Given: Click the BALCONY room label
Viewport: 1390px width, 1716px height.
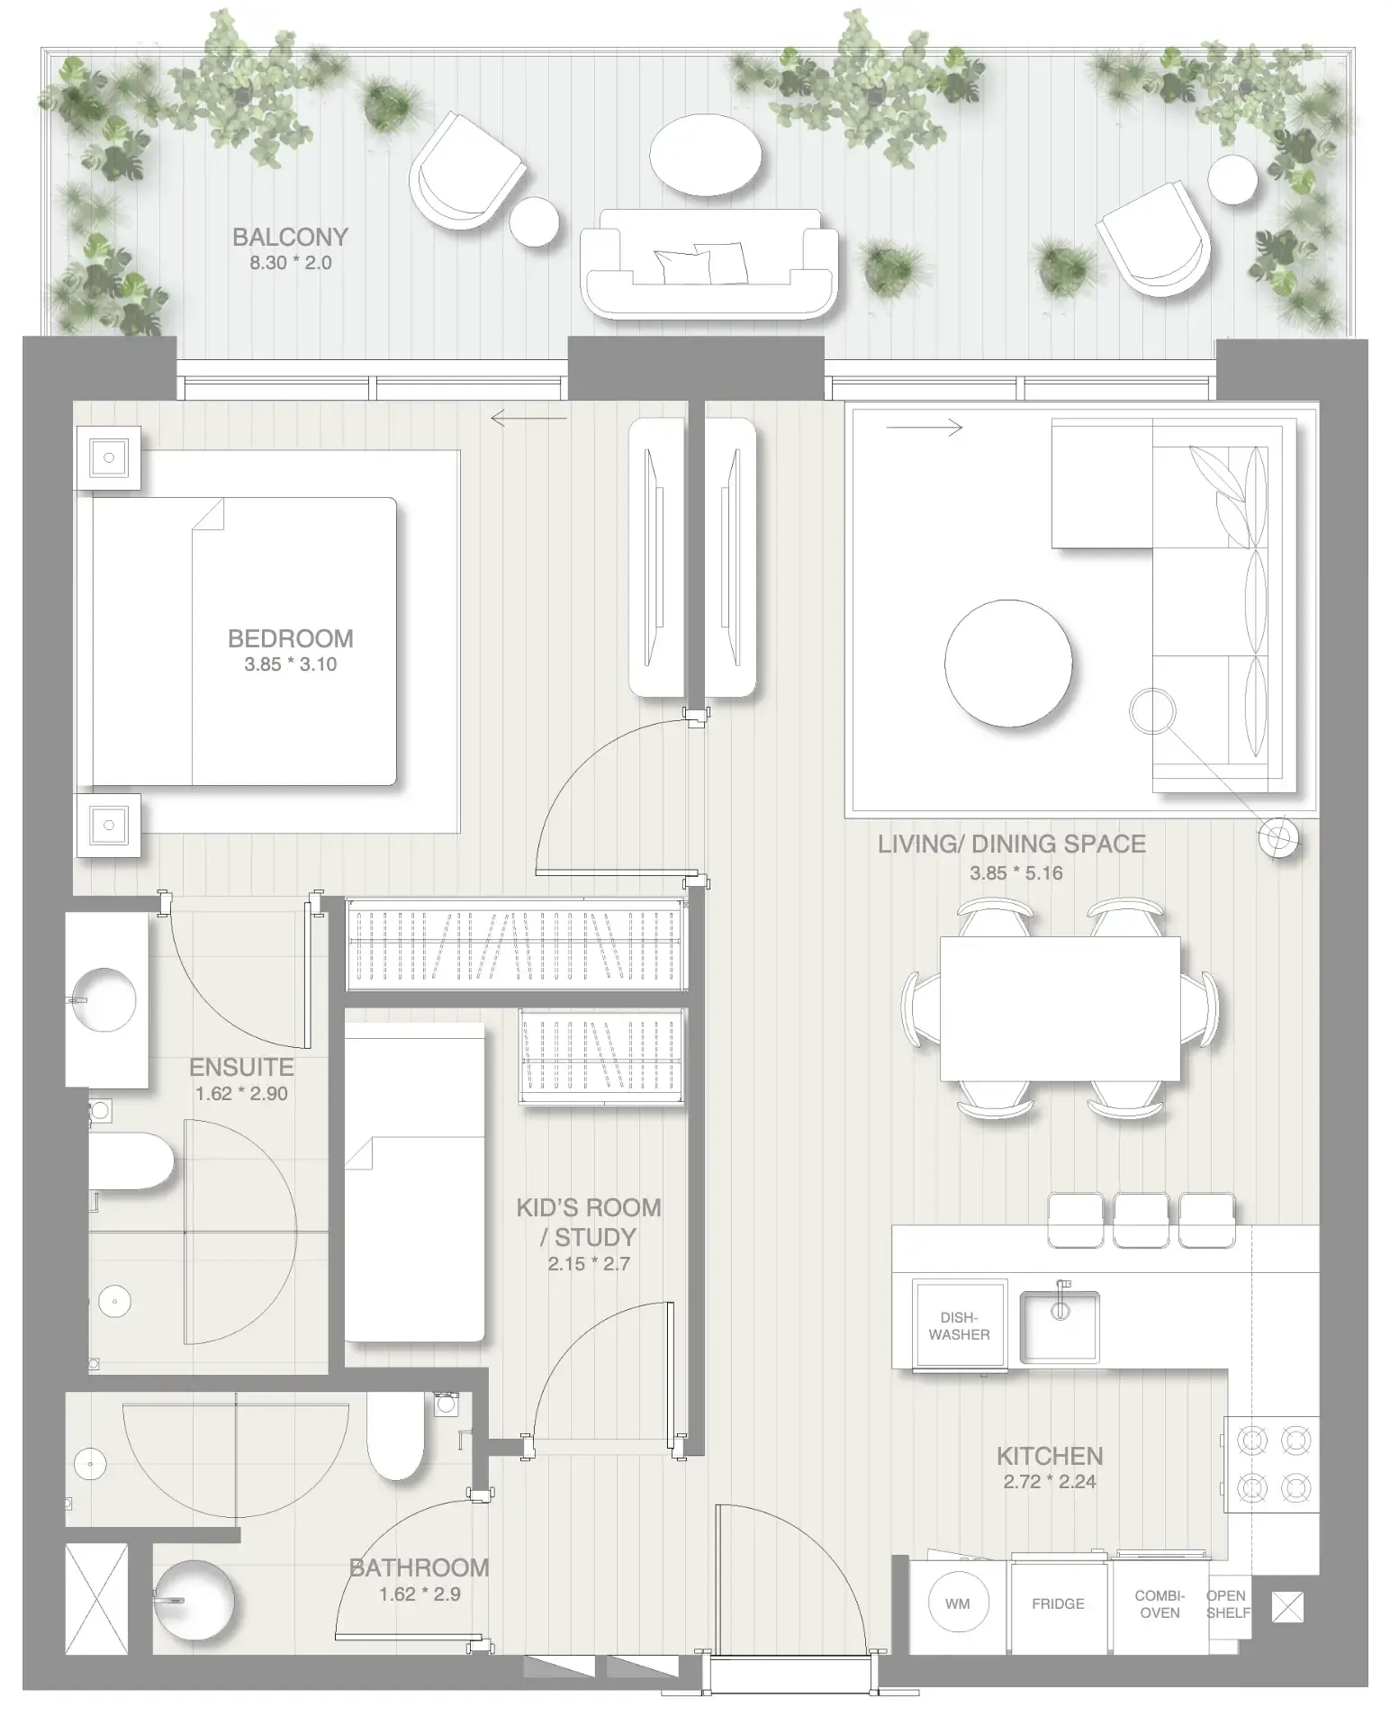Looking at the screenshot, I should pos(290,238).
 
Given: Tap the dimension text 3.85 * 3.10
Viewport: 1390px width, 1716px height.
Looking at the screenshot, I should pos(290,664).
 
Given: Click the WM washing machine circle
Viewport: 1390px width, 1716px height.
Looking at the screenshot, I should pos(958,1603).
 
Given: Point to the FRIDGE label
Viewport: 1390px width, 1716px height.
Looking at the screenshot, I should pos(1058,1603).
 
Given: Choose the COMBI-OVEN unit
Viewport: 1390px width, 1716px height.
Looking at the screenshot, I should pos(1160,1603).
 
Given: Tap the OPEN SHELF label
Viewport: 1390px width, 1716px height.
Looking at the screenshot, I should pos(1227,1603).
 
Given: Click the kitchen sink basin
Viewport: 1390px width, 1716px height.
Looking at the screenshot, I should pos(1059,1326).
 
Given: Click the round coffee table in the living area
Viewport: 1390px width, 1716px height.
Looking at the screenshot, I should pos(1008,663).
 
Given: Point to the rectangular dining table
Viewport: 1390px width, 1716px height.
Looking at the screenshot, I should pos(1060,1008).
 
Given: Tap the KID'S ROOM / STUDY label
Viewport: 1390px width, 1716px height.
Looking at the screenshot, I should pos(589,1222).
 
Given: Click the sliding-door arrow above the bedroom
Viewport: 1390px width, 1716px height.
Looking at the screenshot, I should pos(529,418).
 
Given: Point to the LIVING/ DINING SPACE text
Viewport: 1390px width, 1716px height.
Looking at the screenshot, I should pos(1011,844).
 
